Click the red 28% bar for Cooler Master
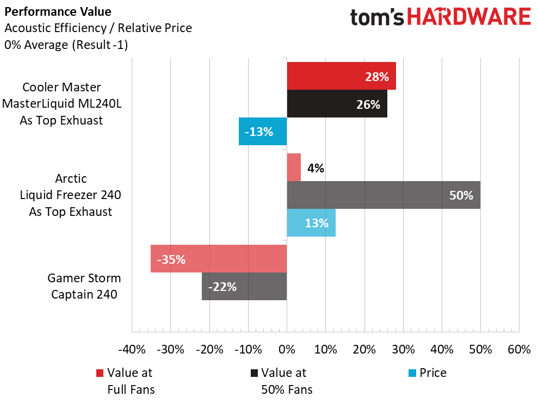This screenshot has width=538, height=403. (x=341, y=76)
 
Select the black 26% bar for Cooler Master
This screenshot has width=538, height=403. (x=337, y=104)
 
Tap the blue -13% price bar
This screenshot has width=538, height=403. (x=263, y=131)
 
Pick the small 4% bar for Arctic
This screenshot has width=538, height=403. (x=294, y=168)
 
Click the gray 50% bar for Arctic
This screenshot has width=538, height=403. (x=383, y=195)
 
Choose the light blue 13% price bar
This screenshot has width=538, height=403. (x=311, y=222)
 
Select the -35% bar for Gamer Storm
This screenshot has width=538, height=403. (x=219, y=259)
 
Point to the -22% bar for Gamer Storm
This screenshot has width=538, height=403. (x=244, y=286)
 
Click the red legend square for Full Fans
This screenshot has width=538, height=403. (x=100, y=373)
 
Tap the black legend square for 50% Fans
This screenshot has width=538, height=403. (x=253, y=373)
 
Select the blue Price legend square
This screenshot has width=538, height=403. (x=411, y=373)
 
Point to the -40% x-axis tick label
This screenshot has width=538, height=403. (x=132, y=350)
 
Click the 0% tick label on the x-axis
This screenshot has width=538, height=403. (x=287, y=350)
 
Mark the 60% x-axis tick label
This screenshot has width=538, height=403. (x=518, y=350)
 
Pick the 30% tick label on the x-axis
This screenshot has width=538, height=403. (x=403, y=350)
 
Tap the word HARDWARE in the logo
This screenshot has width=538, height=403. (x=469, y=17)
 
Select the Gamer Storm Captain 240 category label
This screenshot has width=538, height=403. (x=84, y=286)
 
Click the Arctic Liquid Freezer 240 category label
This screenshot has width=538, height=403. (x=71, y=195)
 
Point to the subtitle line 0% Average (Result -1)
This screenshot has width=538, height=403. (x=66, y=45)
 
